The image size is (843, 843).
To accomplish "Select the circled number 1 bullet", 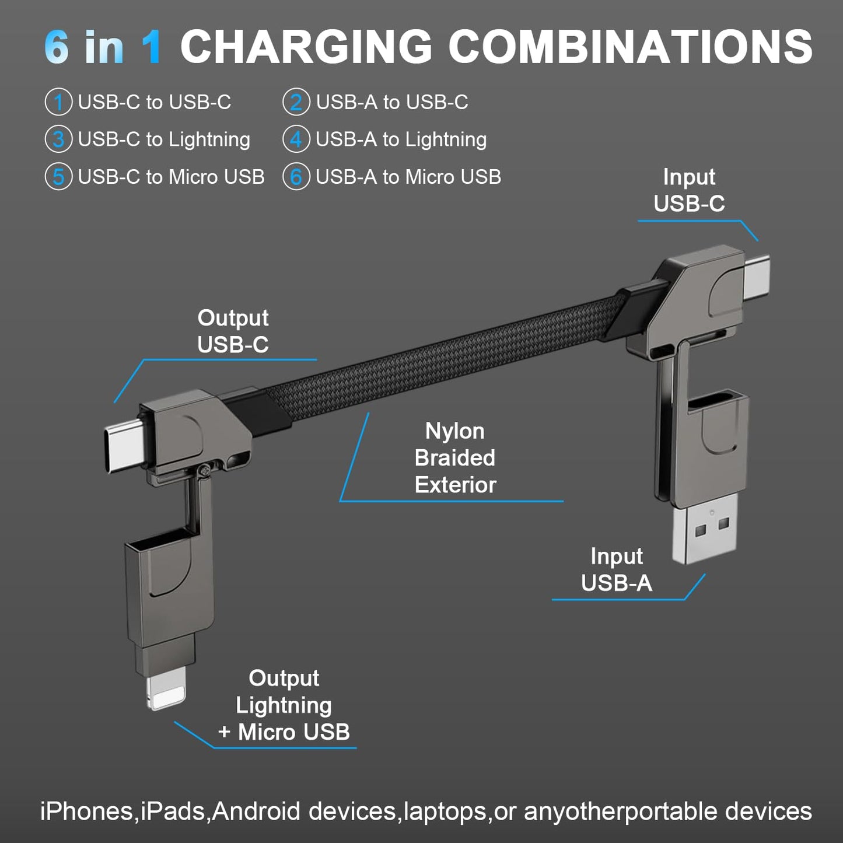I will [x=58, y=102].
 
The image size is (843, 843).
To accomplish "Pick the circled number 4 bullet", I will [x=296, y=139].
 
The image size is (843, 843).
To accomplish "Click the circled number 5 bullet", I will [x=58, y=177].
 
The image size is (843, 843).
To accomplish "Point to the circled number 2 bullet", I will [x=296, y=102].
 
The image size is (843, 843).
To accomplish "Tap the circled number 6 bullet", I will [x=296, y=177].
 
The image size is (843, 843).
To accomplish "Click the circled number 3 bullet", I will [x=58, y=139].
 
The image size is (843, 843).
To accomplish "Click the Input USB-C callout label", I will [x=689, y=190].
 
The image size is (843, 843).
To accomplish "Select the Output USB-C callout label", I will [x=233, y=331].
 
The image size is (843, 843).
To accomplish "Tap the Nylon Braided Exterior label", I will [x=455, y=458].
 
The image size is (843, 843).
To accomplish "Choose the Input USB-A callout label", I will [x=617, y=569].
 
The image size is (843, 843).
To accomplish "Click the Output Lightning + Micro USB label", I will [x=284, y=705].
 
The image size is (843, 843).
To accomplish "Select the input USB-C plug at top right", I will [x=757, y=275].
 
